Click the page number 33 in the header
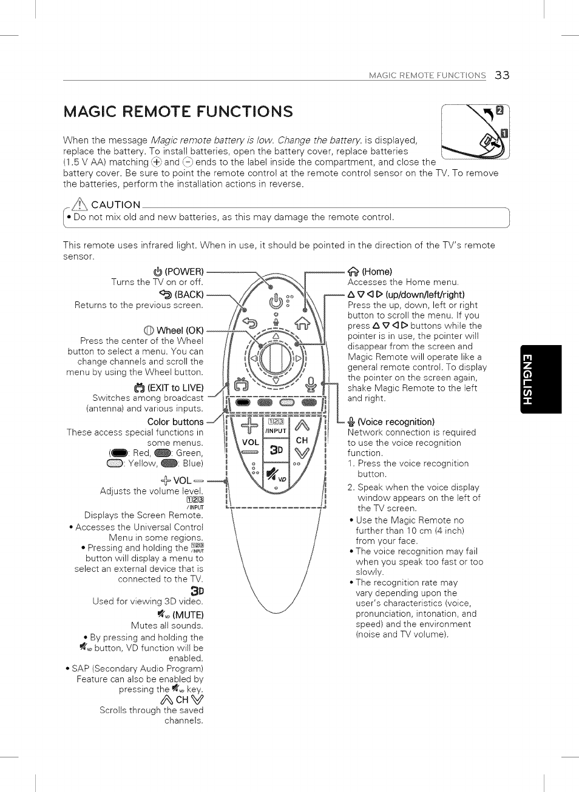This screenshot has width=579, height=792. coord(502,75)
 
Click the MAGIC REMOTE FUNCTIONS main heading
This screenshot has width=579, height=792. coord(178,112)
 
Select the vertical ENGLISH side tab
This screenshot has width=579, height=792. coord(541,379)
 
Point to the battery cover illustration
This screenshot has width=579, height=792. coord(475,132)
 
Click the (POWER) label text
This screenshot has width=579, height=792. coord(184,272)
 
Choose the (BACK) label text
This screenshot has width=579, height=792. coord(189,295)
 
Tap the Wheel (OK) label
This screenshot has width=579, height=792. coord(180,331)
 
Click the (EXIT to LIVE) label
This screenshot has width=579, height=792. coord(175,388)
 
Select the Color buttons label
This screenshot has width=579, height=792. coord(175,422)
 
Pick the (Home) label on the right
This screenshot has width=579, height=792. coord(376,272)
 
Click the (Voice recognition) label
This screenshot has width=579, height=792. coord(396,422)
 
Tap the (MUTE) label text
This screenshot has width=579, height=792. coord(188,615)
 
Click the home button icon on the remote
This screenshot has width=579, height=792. coord(302,323)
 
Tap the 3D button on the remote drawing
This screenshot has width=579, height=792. coord(276,450)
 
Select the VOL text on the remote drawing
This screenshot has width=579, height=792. coord(250,443)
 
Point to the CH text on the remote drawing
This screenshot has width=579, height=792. coord(302,440)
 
